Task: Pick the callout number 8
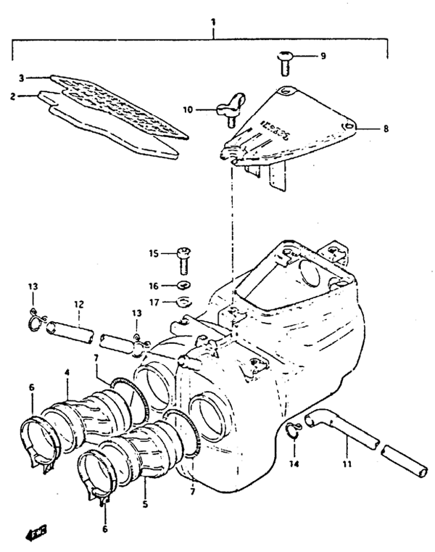(x=386, y=128)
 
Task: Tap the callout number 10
(x=188, y=110)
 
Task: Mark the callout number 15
(x=153, y=253)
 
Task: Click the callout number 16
(x=154, y=286)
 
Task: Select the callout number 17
(x=154, y=302)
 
